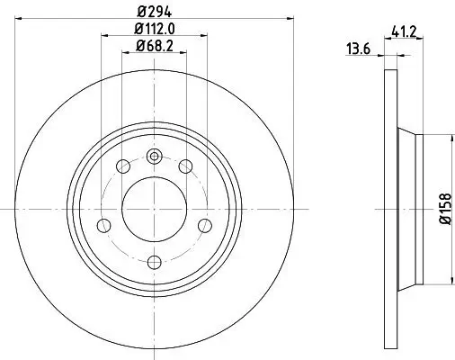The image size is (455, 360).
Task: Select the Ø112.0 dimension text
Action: pos(154,30)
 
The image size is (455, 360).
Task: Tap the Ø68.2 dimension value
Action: pos(154,47)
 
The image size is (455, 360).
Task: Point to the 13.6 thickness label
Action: pos(359,50)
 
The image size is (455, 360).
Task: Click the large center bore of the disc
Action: pos(154,208)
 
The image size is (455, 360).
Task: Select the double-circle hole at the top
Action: pos(154,156)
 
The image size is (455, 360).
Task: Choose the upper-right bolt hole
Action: pos(186,166)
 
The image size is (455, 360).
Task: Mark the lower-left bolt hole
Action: pos(103,224)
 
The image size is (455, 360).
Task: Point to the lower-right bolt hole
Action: pos(205,224)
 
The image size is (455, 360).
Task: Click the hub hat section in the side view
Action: pos(408,208)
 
